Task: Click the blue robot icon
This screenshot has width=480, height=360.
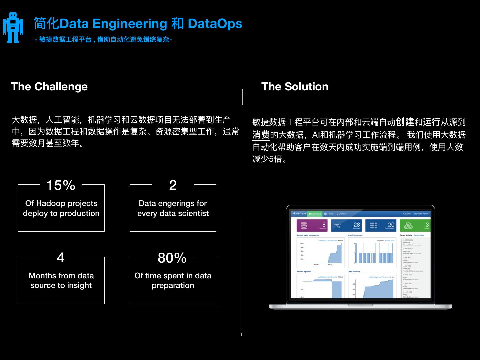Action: (13, 28)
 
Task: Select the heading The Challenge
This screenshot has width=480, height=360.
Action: (49, 87)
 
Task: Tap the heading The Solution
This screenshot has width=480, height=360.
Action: (295, 87)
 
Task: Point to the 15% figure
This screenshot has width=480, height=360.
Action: (61, 185)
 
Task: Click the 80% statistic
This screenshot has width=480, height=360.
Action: (172, 258)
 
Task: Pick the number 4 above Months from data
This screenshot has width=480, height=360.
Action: (61, 258)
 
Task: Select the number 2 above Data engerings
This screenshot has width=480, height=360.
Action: (173, 185)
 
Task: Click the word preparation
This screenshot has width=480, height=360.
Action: (173, 285)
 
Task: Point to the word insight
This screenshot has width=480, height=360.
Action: (79, 285)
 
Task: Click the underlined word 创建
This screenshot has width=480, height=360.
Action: (405, 122)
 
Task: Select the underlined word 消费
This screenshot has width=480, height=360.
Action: (261, 135)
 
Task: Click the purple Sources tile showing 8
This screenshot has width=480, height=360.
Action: (312, 225)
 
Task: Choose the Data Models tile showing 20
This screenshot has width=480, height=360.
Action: (381, 225)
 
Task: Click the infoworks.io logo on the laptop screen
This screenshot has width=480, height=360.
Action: (298, 214)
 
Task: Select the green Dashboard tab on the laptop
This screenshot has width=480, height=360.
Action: (314, 214)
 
